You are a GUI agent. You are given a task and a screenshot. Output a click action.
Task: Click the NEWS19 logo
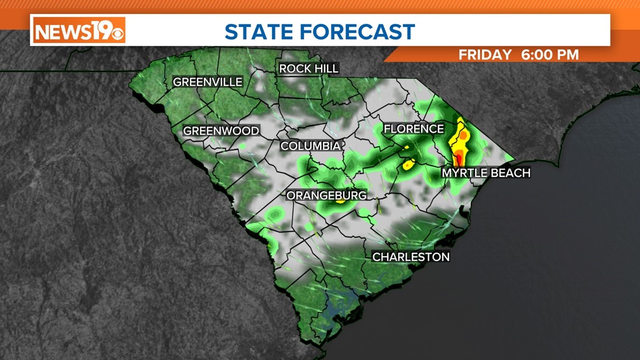click(79, 30)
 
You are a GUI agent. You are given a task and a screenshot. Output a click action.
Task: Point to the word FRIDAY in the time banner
click(485, 55)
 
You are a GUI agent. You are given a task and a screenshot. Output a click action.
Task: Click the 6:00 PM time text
click(550, 55)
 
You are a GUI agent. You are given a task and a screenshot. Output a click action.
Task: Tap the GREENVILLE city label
click(208, 82)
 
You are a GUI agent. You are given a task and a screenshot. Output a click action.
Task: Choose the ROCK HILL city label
click(309, 69)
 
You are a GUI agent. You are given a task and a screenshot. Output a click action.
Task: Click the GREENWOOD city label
click(221, 131)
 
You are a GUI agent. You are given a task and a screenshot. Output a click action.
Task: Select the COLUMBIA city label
click(310, 146)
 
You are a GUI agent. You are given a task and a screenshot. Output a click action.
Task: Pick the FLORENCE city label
click(414, 129)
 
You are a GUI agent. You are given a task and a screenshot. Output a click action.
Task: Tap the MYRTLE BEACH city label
click(486, 173)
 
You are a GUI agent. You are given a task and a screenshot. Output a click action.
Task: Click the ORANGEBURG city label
click(327, 195)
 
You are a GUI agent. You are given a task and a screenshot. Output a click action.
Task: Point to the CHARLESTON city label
click(411, 257)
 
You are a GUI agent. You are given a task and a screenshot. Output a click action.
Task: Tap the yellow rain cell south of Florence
click(409, 165)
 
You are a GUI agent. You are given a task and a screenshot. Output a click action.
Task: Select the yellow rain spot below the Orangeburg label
click(340, 203)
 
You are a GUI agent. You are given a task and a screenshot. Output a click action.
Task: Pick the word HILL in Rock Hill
click(326, 69)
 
